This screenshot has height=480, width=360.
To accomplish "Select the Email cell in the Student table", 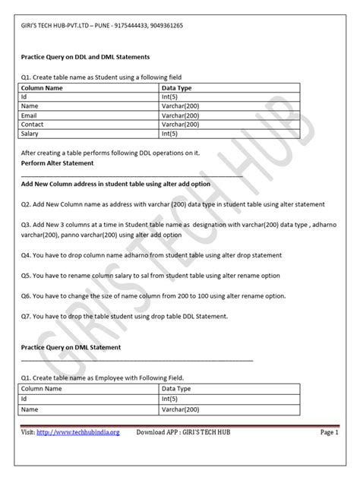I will pyautogui.click(x=30, y=114).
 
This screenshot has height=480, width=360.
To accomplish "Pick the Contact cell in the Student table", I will pyautogui.click(x=33, y=123).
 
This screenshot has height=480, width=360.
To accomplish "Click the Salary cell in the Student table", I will pyautogui.click(x=30, y=133).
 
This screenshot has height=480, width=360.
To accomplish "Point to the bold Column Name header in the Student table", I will pyautogui.click(x=43, y=88).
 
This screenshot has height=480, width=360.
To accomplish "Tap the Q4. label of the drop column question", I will pyautogui.click(x=27, y=255).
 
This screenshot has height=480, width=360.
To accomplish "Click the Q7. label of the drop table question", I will pyautogui.click(x=27, y=314).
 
